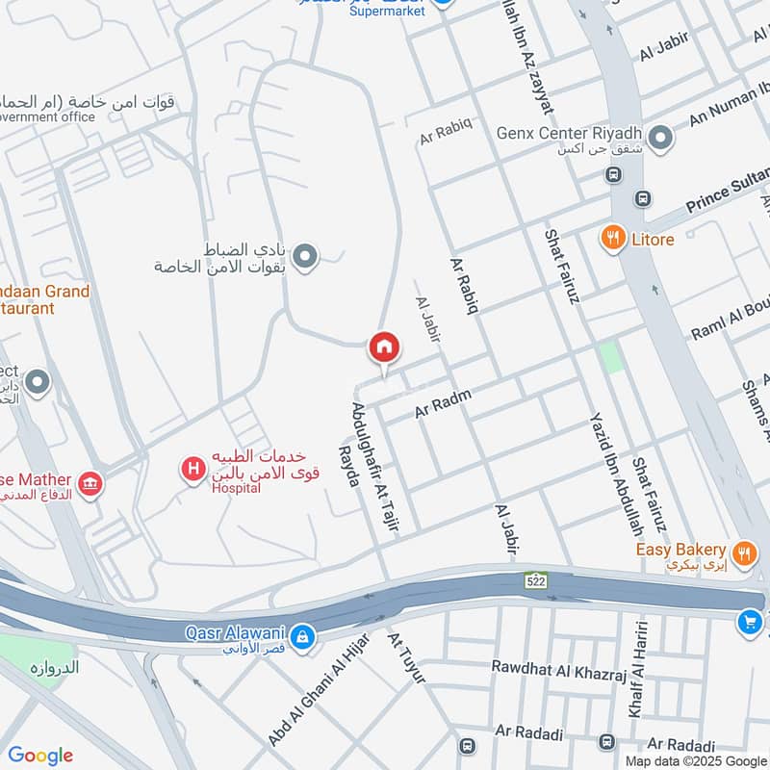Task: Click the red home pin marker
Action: pyautogui.click(x=383, y=347)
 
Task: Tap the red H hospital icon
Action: pyautogui.click(x=193, y=469)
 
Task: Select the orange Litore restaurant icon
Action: pyautogui.click(x=611, y=238)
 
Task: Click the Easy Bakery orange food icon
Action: pyautogui.click(x=743, y=552)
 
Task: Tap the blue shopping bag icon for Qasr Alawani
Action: pyautogui.click(x=302, y=636)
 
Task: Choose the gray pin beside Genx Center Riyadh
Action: pyautogui.click(x=660, y=140)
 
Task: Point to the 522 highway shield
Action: pyautogui.click(x=536, y=580)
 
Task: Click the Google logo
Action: pyautogui.click(x=40, y=756)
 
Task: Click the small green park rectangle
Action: pyautogui.click(x=610, y=358)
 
